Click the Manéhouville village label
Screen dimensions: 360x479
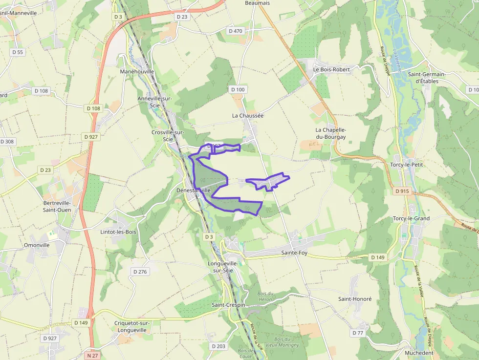point(137,71)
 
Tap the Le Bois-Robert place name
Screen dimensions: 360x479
point(332,69)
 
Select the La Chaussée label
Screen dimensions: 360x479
point(248,116)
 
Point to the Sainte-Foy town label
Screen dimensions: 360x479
point(294,253)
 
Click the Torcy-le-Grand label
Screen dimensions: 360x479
point(411,218)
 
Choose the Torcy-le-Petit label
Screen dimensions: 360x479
point(406,165)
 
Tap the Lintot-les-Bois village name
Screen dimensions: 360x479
point(118,232)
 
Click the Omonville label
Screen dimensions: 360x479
point(37,245)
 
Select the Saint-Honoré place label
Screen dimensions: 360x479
point(355,299)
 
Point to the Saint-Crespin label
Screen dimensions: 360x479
point(228,305)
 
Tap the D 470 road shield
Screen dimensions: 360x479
point(235,31)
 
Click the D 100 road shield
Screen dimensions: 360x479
point(238,89)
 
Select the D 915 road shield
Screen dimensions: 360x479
point(402,191)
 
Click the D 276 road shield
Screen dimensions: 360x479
point(140,272)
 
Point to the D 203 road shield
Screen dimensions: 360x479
point(218,346)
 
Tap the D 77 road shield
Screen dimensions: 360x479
point(358,333)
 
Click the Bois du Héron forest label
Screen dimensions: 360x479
point(265,296)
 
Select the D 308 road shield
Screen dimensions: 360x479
point(7,142)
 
